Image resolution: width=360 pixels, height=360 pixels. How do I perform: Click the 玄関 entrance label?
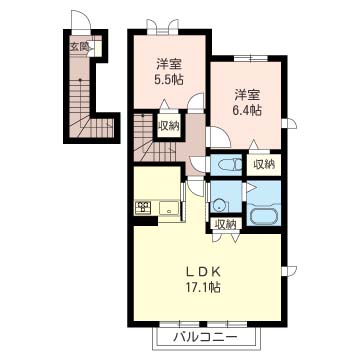tap(78, 47)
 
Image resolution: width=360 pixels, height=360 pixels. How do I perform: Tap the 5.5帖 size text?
tap(170, 80)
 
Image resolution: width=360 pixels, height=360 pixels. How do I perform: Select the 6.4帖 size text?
tap(247, 110)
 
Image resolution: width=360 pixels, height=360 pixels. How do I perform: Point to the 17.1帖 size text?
tap(203, 287)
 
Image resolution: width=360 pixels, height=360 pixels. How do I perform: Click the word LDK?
tap(203, 272)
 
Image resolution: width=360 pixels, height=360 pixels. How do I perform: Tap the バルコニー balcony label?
tap(206, 338)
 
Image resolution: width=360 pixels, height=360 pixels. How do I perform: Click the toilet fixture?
tap(229, 165)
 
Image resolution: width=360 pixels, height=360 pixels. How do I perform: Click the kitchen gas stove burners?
tap(143, 207)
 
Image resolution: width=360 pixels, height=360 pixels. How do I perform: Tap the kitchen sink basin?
tap(169, 209)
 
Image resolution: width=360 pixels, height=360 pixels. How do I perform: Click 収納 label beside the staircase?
tap(169, 126)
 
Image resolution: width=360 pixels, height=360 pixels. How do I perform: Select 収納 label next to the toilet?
tap(264, 164)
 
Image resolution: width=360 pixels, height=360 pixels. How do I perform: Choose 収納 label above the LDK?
tap(225, 224)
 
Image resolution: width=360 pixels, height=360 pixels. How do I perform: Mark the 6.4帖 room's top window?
tap(250, 59)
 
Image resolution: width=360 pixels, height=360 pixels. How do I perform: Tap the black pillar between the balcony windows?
tap(203, 324)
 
